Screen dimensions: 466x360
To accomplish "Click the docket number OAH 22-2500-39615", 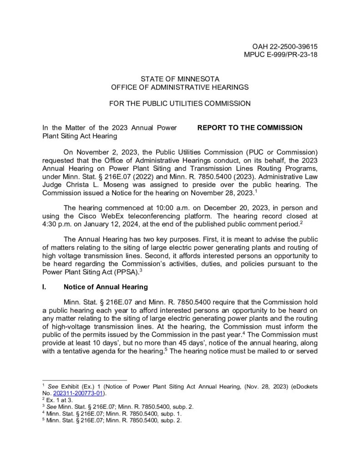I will click(x=284, y=47).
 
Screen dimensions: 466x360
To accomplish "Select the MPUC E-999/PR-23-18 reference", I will click(x=281, y=55).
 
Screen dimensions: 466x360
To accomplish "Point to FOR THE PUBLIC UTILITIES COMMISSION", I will click(x=180, y=103).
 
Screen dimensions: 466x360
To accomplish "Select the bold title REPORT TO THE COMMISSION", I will click(x=249, y=127).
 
